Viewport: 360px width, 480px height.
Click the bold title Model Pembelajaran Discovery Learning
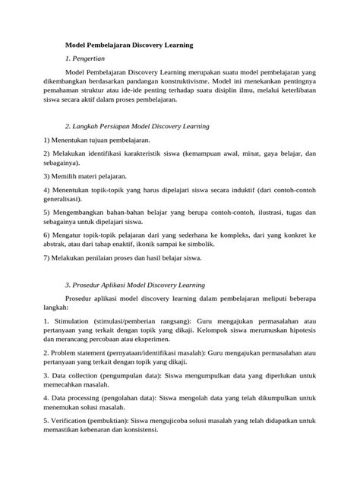[129, 46]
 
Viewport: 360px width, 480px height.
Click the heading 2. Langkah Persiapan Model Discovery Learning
[137, 125]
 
